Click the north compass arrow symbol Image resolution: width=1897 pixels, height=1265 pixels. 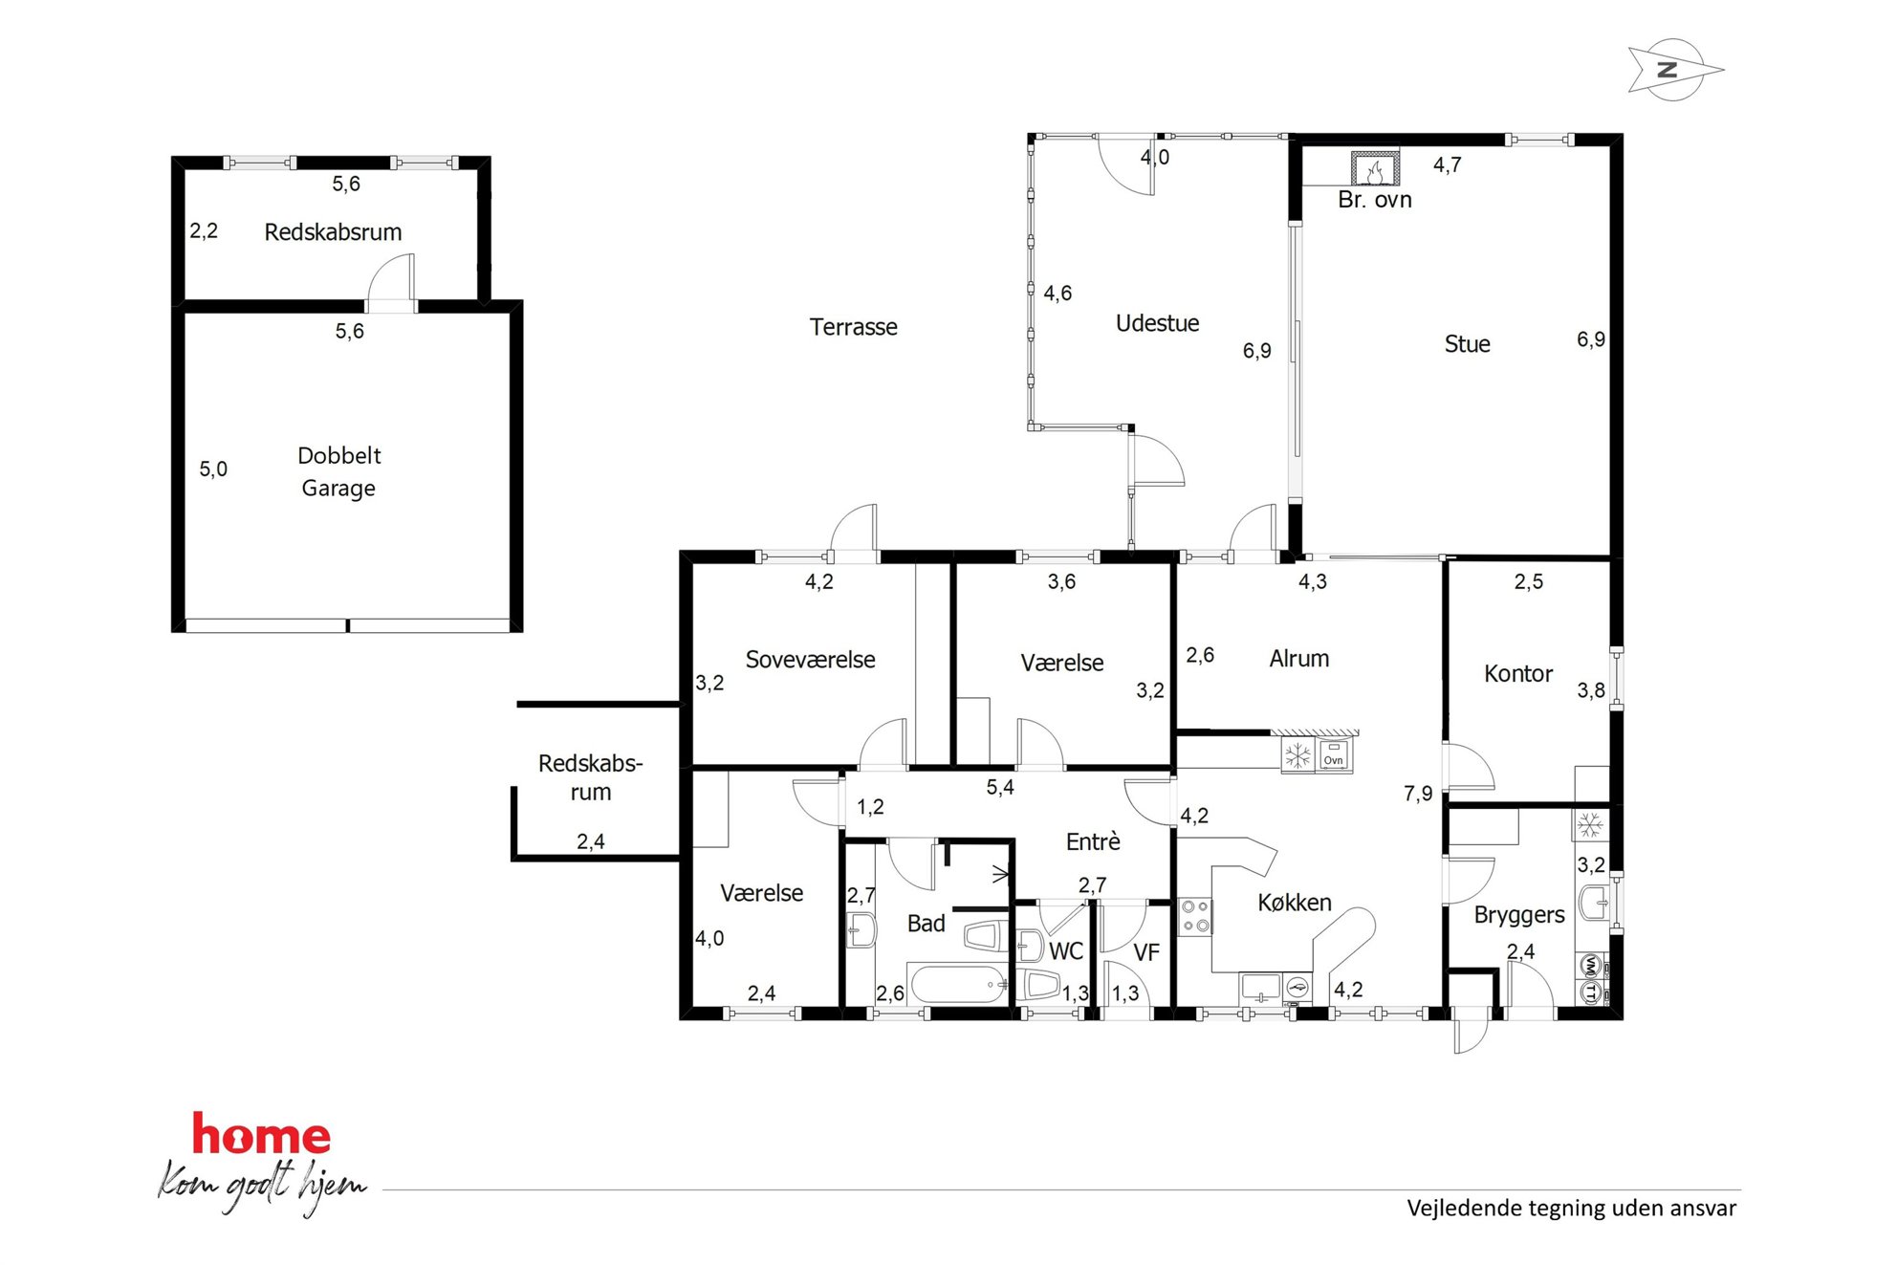point(1674,70)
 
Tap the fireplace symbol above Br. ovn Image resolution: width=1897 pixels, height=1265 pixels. point(1375,169)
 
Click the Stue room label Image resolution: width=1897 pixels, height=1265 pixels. point(1467,344)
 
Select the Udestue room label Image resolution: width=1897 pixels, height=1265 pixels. point(1157,323)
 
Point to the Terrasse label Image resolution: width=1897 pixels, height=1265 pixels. point(853,327)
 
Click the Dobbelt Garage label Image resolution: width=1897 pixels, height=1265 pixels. point(339,471)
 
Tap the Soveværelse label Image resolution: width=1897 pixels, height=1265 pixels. point(810,660)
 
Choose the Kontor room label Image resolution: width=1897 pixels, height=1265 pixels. point(1517,674)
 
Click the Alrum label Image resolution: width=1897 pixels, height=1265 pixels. point(1298,659)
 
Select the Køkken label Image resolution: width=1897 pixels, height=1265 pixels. point(1294,903)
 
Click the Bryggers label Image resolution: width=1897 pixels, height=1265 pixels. point(1518,915)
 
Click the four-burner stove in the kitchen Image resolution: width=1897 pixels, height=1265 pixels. point(1195,916)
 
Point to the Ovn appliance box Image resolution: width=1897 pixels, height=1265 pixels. point(1334,755)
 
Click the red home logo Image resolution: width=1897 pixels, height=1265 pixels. point(261,1134)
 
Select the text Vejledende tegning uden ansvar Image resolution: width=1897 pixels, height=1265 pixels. point(1571,1209)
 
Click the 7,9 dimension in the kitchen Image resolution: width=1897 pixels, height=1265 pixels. point(1417,794)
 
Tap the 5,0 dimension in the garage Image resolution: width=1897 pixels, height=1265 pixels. point(213,469)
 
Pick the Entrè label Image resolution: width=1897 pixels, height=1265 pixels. point(1093,841)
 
